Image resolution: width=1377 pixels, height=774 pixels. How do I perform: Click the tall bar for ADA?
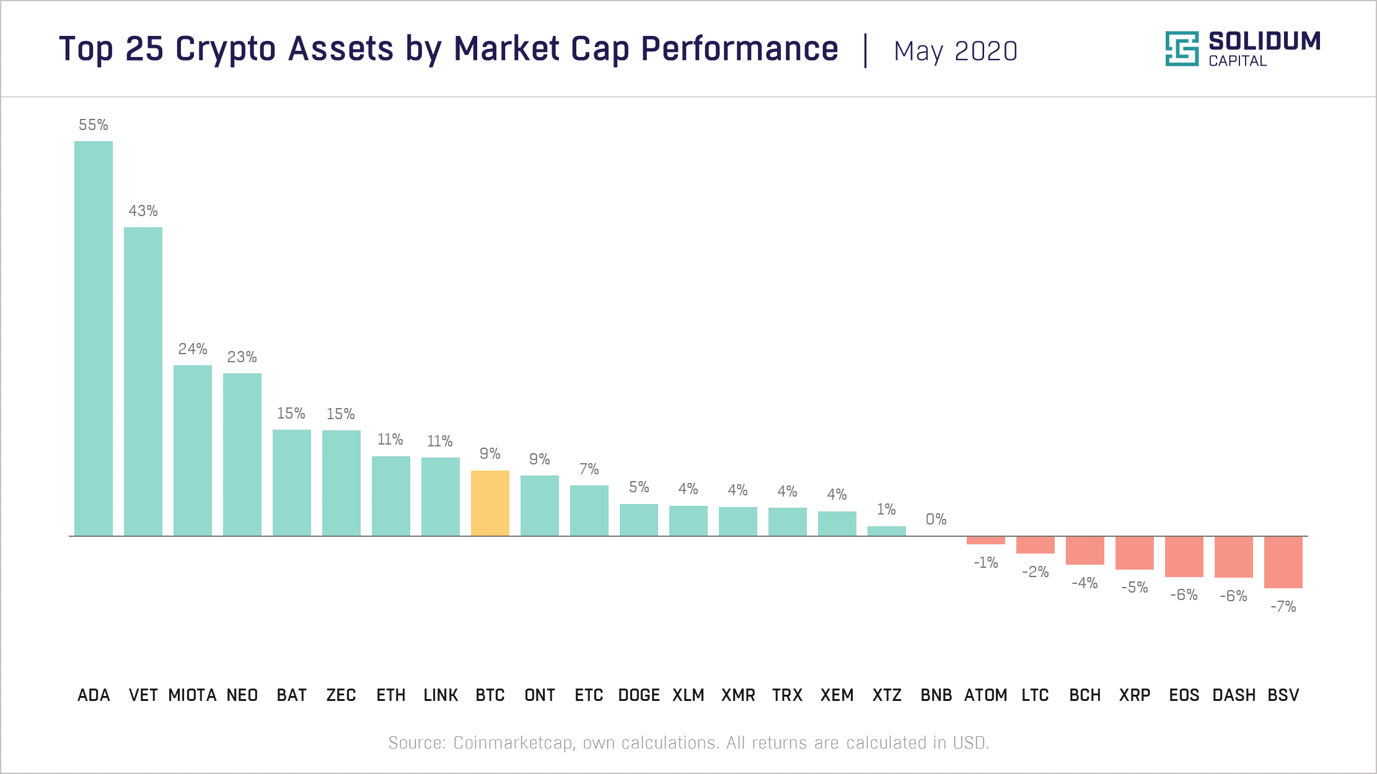[x=94, y=338]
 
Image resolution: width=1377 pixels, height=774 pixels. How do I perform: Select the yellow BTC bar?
[x=490, y=503]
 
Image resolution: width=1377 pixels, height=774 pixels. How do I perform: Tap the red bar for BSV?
[x=1283, y=562]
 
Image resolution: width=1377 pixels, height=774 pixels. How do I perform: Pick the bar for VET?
[x=143, y=381]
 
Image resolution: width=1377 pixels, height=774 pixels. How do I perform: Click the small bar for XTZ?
[x=886, y=531]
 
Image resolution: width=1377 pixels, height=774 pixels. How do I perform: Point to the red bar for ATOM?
[x=985, y=540]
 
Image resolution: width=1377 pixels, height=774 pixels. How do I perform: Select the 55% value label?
[x=94, y=125]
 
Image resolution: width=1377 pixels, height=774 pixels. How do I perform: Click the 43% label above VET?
[x=143, y=211]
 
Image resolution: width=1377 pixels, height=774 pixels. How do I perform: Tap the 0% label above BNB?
[x=936, y=520]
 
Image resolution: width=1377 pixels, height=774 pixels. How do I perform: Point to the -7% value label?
[x=1283, y=607]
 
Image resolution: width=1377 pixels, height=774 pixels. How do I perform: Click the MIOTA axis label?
[x=192, y=695]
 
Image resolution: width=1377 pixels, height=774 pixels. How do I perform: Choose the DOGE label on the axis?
[x=639, y=695]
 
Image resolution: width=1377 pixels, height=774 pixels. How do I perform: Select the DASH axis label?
[x=1234, y=695]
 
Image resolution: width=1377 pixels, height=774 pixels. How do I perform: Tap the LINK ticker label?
[x=441, y=695]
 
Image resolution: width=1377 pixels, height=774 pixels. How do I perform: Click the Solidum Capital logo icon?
[x=1181, y=48]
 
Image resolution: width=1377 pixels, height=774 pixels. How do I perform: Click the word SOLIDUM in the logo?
[x=1264, y=41]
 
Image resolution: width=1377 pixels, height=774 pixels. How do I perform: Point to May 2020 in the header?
[x=955, y=51]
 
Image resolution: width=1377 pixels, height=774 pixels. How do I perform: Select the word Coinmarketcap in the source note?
[x=513, y=742]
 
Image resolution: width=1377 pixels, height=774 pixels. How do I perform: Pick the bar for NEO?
[x=242, y=454]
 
